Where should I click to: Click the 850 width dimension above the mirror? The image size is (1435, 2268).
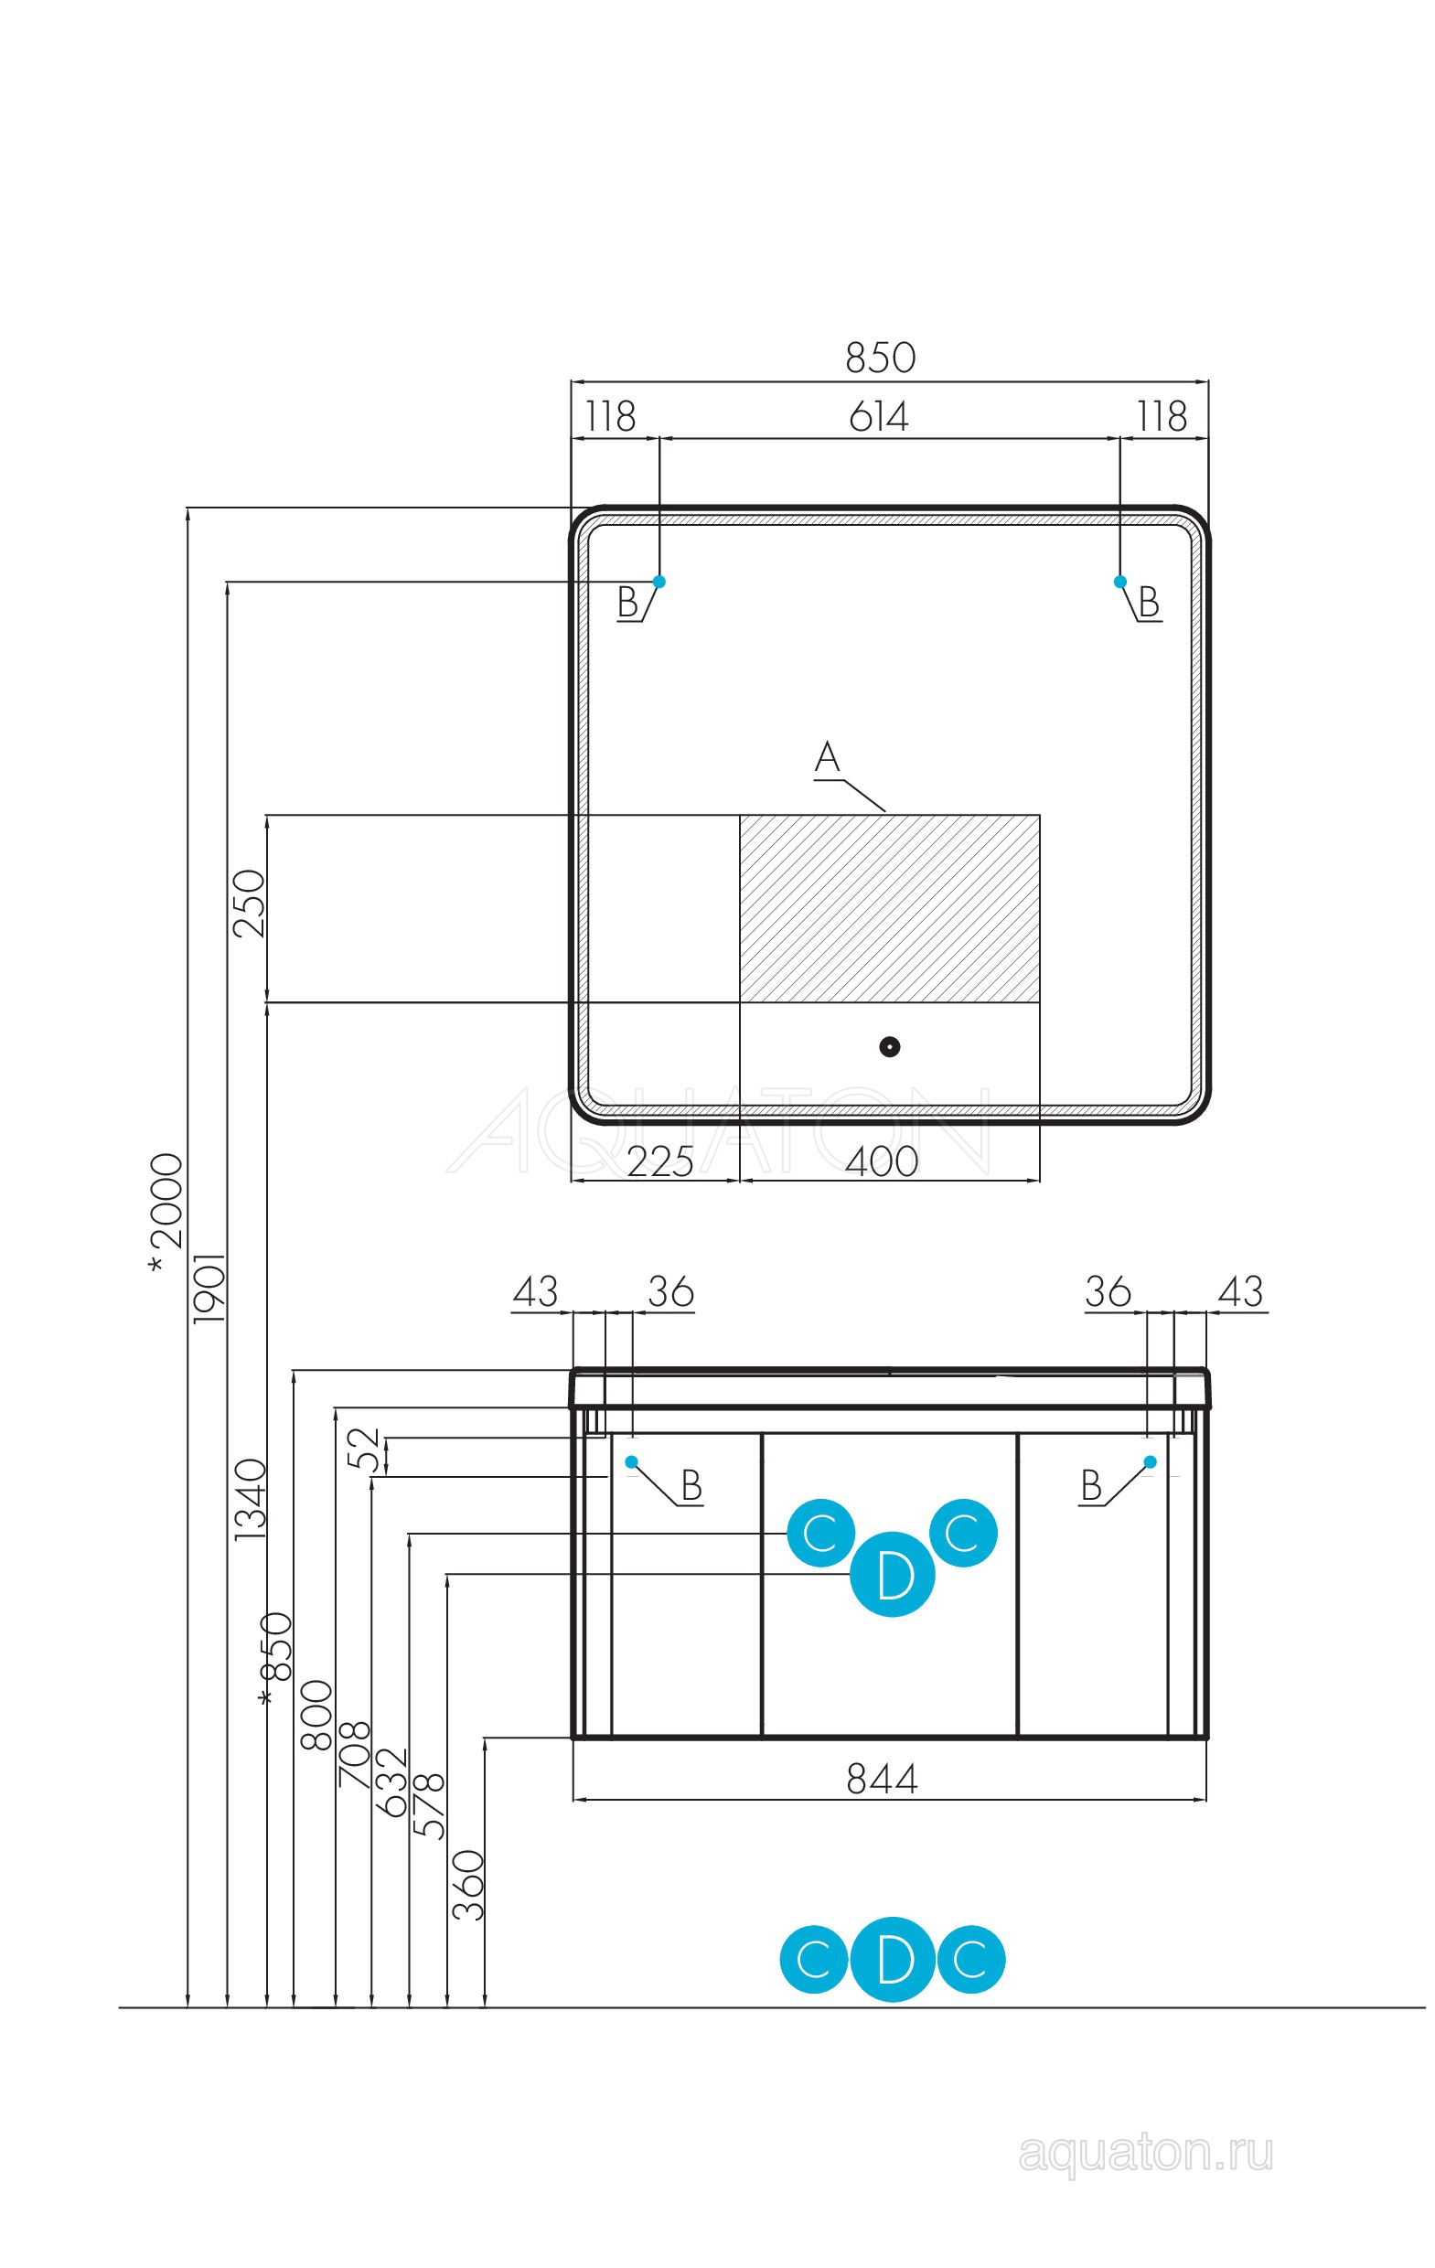pyautogui.click(x=879, y=358)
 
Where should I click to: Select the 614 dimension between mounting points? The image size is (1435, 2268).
pyautogui.click(x=878, y=416)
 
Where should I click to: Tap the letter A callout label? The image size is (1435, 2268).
pyautogui.click(x=826, y=757)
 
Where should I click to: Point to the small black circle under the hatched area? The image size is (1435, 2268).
pyautogui.click(x=888, y=1046)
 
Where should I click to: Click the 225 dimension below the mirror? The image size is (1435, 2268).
pyautogui.click(x=659, y=1162)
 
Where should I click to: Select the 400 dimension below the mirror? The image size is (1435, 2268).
pyautogui.click(x=881, y=1162)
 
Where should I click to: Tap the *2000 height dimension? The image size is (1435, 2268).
pyautogui.click(x=166, y=1215)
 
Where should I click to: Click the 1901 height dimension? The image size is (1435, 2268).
pyautogui.click(x=209, y=1289)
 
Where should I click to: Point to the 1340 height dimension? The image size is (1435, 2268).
pyautogui.click(x=251, y=1500)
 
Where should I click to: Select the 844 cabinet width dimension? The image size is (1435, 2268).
pyautogui.click(x=881, y=1779)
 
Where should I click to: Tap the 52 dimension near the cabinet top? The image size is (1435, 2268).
pyautogui.click(x=364, y=1450)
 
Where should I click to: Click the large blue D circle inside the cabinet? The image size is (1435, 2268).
pyautogui.click(x=892, y=1574)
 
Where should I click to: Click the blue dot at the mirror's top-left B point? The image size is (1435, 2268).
pyautogui.click(x=659, y=581)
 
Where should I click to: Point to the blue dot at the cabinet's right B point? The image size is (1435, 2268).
pyautogui.click(x=1150, y=1461)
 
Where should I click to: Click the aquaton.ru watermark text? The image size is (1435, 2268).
pyautogui.click(x=1145, y=2153)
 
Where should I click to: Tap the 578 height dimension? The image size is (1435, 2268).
pyautogui.click(x=430, y=1804)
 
